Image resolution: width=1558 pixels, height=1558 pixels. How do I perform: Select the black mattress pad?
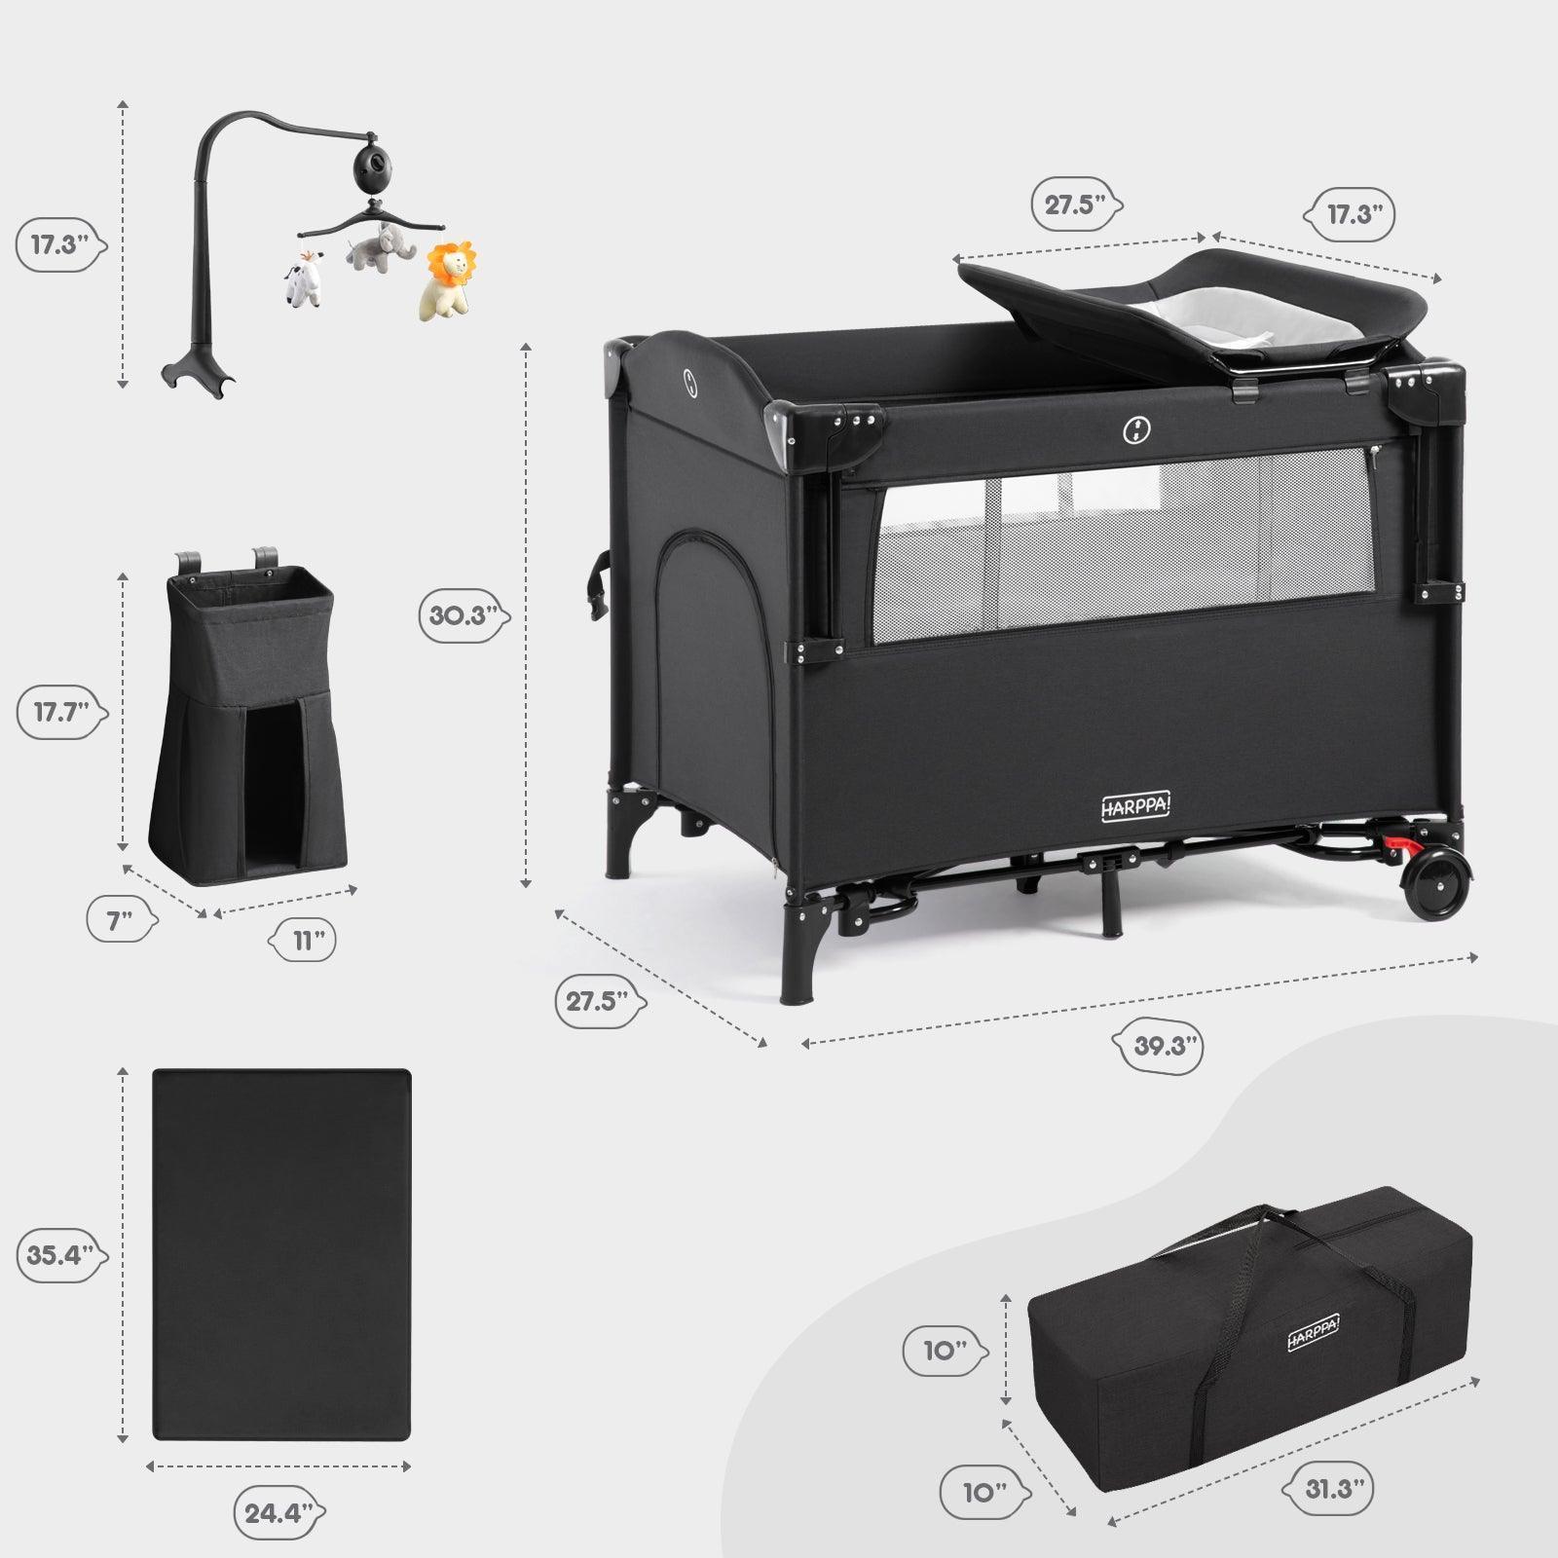pos(282,1254)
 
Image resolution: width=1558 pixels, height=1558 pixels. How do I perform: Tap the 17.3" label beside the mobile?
pos(58,244)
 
